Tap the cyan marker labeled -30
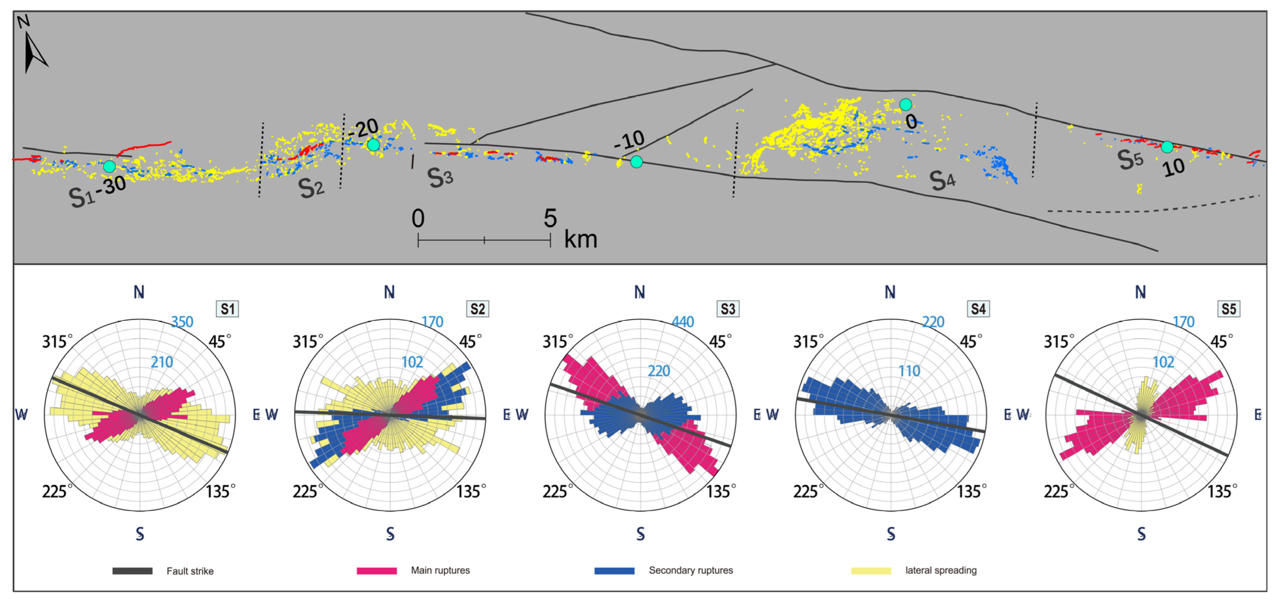tap(109, 166)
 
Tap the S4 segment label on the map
tap(942, 180)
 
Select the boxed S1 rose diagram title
tap(227, 309)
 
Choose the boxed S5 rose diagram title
tap(1228, 309)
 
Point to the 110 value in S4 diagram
tap(909, 371)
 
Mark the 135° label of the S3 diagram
tap(721, 492)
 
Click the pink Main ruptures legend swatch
tap(377, 571)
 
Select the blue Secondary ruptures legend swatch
tap(614, 571)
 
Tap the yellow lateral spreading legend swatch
tap(871, 571)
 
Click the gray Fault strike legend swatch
tap(132, 571)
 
